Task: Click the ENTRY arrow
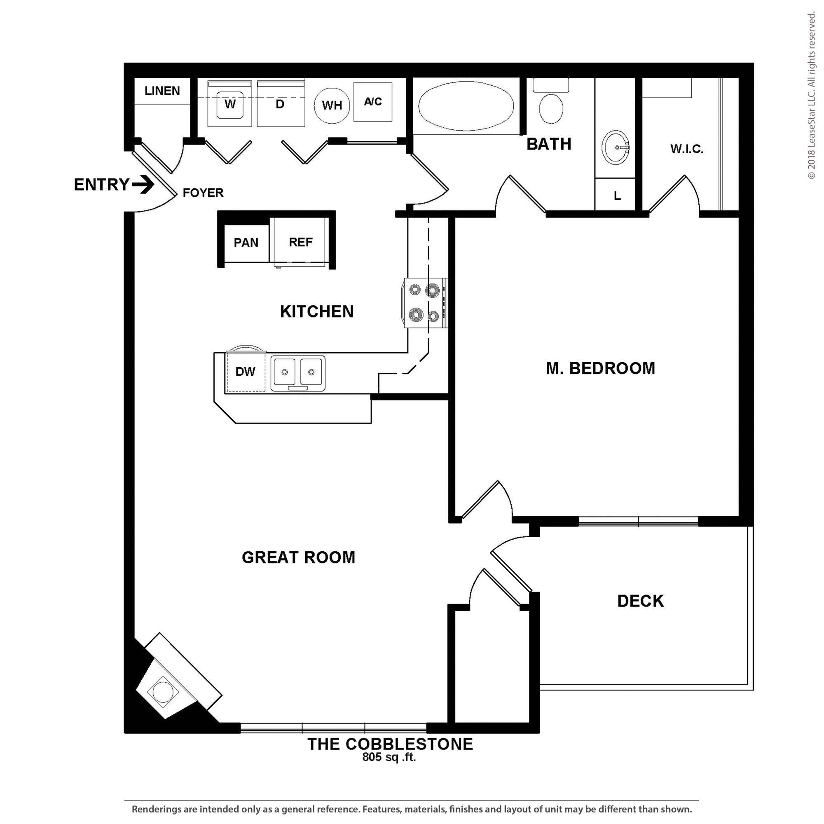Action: coord(143,185)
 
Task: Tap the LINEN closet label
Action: coord(162,91)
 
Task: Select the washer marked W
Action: coord(230,104)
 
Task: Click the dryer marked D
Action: coord(280,104)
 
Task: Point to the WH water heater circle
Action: coord(332,105)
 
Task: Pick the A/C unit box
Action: coord(373,101)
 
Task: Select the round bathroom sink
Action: coord(615,147)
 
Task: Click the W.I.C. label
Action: coord(687,149)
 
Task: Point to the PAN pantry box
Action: coord(246,243)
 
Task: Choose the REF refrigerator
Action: coord(301,242)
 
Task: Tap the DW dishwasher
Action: coord(245,372)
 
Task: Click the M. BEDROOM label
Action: coord(601,368)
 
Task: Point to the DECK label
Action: coord(641,601)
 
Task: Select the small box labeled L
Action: coord(617,196)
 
